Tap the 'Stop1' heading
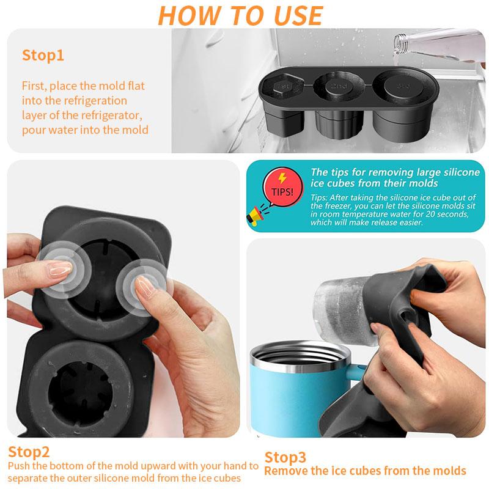click(x=43, y=56)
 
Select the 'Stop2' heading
click(x=29, y=452)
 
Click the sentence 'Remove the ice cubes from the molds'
click(x=365, y=471)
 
